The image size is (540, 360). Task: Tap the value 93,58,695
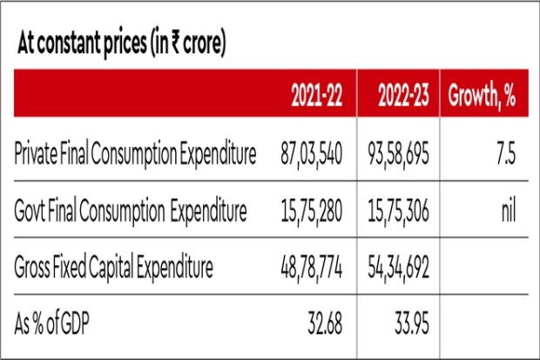click(x=400, y=155)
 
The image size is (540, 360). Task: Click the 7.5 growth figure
click(x=504, y=155)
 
